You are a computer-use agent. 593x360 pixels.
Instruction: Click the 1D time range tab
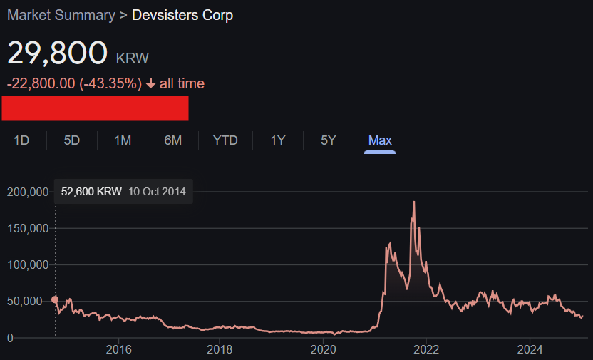[21, 140]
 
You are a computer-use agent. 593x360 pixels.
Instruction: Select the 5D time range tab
[72, 140]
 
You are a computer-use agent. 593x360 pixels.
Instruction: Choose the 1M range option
[123, 140]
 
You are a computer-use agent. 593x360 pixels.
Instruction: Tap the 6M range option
[172, 140]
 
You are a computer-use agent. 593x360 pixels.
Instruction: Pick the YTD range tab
[225, 140]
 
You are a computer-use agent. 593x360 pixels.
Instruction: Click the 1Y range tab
[278, 140]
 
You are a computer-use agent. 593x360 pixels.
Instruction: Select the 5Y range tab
[329, 140]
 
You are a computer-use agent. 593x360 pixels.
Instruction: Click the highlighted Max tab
[380, 140]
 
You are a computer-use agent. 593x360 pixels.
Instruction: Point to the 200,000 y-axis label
[28, 192]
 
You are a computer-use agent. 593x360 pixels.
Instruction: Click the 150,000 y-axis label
[28, 228]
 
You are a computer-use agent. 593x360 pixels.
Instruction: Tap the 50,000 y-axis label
[24, 302]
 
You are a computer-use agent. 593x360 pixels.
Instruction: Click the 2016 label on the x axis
[119, 349]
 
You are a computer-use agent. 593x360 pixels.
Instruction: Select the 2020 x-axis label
[324, 349]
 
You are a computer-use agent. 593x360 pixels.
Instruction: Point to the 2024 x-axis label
[530, 349]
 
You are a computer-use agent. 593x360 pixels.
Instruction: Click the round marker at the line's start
[55, 300]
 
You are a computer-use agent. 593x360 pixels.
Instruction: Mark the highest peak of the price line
[414, 202]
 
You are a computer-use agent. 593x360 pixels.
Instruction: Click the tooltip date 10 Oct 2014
[157, 192]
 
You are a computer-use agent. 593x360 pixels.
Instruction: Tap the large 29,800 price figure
[58, 53]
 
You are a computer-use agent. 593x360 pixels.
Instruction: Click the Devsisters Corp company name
[182, 15]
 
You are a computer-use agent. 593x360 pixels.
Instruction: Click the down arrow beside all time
[150, 83]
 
